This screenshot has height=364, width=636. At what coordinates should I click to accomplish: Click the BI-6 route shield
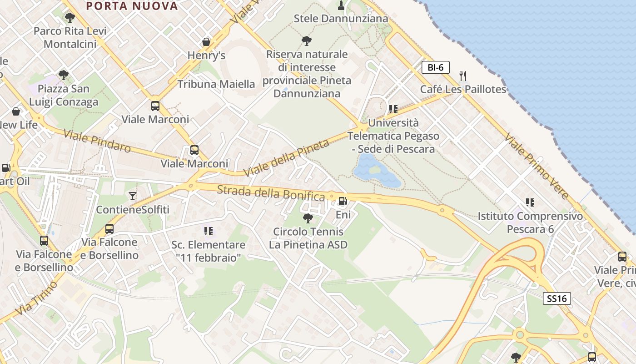[435, 67]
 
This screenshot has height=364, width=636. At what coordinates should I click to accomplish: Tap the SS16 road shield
[557, 298]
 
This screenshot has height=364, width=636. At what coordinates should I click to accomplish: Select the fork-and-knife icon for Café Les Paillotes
[463, 76]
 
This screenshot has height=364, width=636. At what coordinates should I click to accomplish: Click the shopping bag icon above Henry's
[206, 42]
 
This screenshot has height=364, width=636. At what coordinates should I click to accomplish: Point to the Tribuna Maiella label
[216, 84]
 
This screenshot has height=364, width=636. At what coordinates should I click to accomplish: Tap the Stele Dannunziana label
[341, 19]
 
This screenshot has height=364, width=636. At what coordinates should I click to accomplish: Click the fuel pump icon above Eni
[343, 201]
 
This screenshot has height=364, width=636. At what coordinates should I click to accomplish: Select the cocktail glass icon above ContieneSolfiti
[133, 196]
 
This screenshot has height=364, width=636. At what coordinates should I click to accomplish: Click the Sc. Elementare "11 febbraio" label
[209, 251]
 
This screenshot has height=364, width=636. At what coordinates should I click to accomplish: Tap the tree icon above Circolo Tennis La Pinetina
[308, 218]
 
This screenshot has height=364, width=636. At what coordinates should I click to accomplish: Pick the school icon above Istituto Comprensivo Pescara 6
[530, 202]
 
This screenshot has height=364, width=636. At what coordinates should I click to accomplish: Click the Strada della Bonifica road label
[271, 193]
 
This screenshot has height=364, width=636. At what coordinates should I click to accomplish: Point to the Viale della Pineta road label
[286, 159]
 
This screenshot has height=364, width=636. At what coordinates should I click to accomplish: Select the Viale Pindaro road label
[97, 141]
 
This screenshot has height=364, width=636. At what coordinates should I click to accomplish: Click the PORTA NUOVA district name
[132, 6]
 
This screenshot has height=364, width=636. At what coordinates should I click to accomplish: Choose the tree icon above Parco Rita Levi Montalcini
[70, 18]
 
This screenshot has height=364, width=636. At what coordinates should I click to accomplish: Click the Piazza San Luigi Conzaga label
[64, 95]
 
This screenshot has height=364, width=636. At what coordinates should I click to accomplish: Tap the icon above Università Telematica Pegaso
[393, 109]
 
